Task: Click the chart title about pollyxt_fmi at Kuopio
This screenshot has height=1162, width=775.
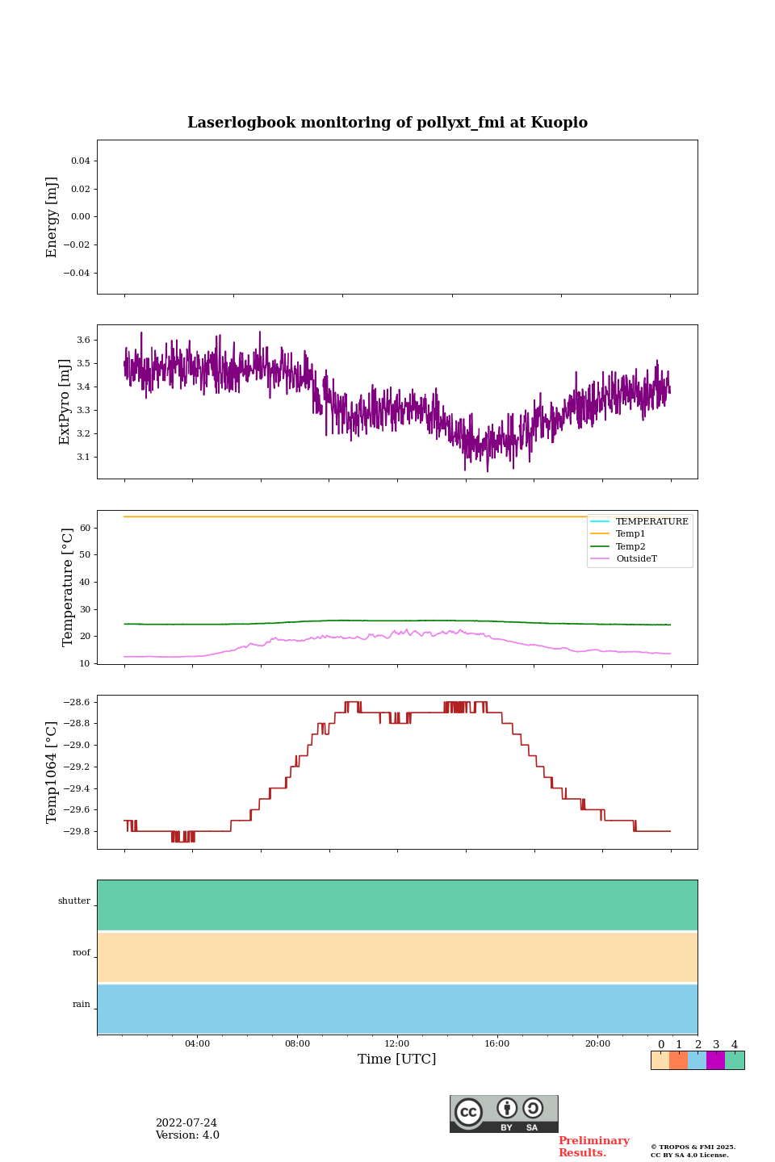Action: click(x=387, y=123)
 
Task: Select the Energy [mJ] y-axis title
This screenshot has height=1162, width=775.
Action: click(x=52, y=217)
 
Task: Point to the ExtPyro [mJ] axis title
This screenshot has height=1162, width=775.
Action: click(x=65, y=402)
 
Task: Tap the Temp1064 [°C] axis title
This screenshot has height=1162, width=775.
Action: click(x=52, y=772)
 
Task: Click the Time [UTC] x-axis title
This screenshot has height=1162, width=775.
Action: click(x=396, y=1059)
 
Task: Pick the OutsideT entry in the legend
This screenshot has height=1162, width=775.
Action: click(x=636, y=558)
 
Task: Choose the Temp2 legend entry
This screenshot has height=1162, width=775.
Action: click(x=630, y=546)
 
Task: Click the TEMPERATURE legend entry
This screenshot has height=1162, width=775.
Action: click(x=651, y=521)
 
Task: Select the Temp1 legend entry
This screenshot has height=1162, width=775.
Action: click(x=630, y=533)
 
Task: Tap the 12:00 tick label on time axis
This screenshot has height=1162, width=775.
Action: click(x=396, y=1043)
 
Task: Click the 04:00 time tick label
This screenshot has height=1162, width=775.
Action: click(x=197, y=1043)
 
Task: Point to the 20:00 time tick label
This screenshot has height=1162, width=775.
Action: click(x=597, y=1043)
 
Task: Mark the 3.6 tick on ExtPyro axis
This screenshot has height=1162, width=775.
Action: click(x=83, y=340)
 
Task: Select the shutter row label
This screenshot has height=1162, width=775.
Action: click(x=74, y=901)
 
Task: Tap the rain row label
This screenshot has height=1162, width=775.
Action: click(x=82, y=1005)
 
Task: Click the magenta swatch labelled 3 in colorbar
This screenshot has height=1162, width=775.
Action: click(x=715, y=1060)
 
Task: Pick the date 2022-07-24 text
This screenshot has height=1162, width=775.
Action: click(x=186, y=1123)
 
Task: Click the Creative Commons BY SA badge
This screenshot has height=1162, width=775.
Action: click(x=504, y=1114)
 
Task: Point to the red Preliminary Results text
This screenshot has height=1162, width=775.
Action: click(x=593, y=1147)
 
